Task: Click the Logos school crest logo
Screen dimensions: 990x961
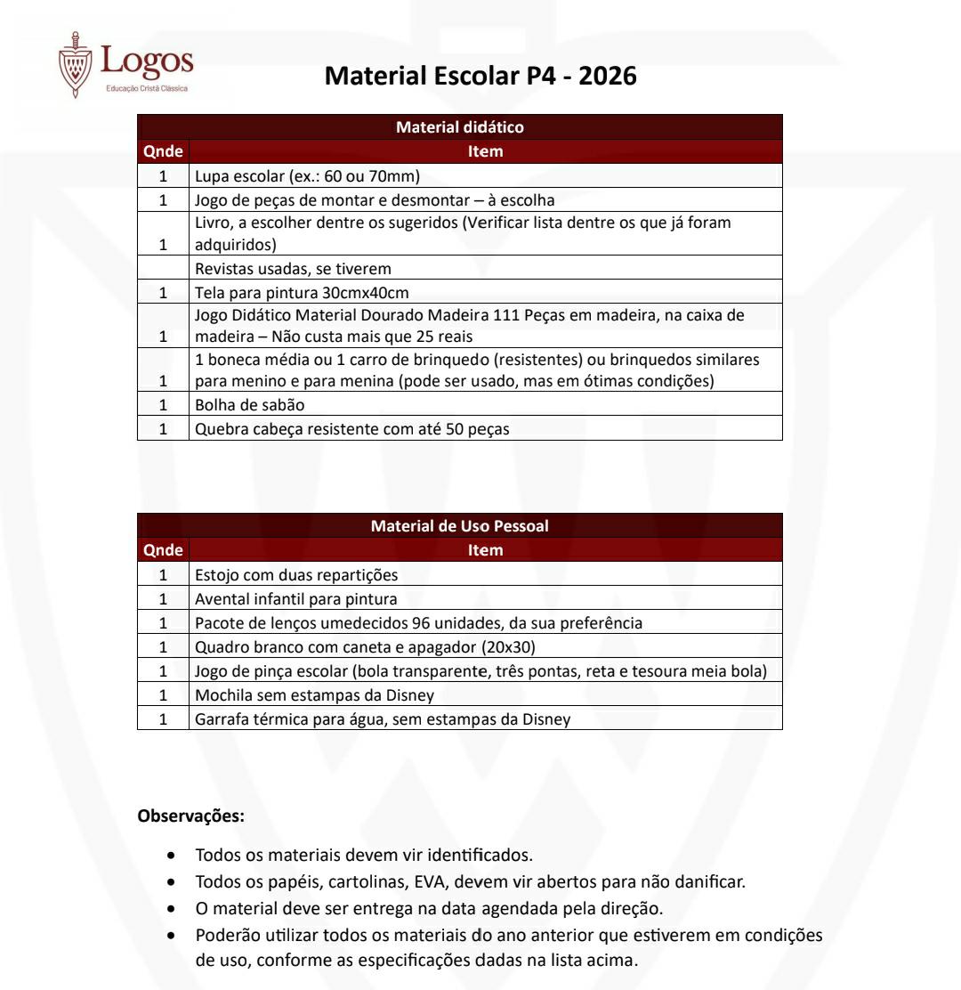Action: point(75,64)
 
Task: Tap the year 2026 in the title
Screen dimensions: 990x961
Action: point(608,77)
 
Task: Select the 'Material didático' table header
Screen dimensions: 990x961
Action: point(459,127)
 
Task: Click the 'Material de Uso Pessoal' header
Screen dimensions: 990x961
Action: point(459,526)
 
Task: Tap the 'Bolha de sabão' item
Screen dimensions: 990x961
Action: point(249,405)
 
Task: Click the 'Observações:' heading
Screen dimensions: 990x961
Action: point(191,815)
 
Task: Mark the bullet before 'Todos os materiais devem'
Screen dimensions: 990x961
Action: point(171,856)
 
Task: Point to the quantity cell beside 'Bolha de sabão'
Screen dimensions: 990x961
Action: point(163,405)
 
